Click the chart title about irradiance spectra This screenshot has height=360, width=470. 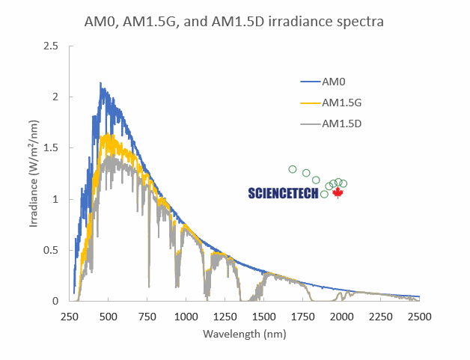click(x=234, y=22)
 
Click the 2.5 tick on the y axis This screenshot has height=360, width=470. click(x=52, y=46)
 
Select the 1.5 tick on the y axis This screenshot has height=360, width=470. click(x=52, y=148)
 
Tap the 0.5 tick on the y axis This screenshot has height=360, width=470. click(x=52, y=250)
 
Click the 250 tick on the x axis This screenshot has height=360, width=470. click(x=69, y=315)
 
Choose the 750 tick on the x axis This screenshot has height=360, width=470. click(x=147, y=315)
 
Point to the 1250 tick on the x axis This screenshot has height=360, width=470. click(x=225, y=315)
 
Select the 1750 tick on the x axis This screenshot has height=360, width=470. click(x=302, y=315)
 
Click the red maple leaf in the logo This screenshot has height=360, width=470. click(x=337, y=193)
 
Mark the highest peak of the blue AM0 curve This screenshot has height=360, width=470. click(x=101, y=84)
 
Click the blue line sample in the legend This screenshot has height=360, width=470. click(x=310, y=81)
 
